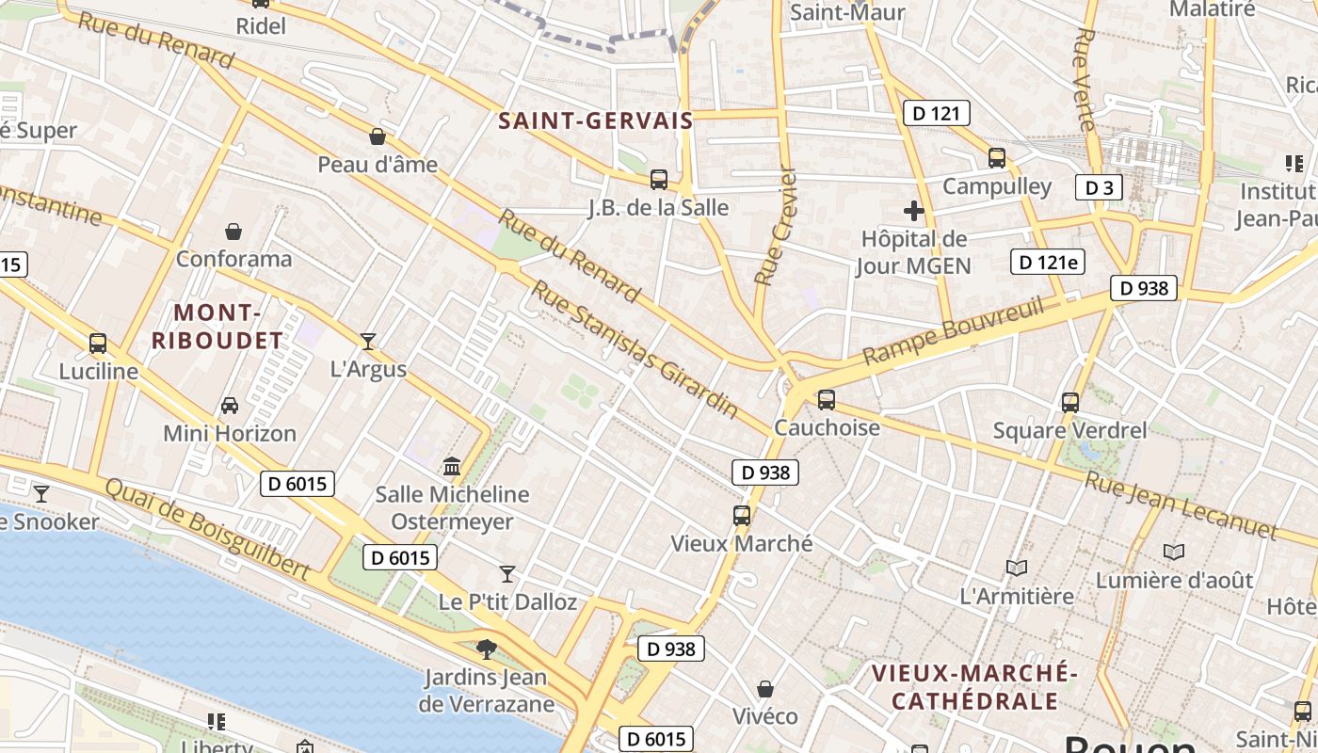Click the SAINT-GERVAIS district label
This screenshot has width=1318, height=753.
(595, 120)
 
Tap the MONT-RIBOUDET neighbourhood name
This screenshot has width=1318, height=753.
(217, 327)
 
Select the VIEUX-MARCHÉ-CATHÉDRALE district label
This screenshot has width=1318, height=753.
(974, 687)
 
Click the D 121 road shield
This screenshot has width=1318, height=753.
(936, 114)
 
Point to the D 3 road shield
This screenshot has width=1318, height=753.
(1099, 187)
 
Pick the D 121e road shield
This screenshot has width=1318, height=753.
(1047, 261)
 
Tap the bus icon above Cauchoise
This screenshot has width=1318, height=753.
(827, 399)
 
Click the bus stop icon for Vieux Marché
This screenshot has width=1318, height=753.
(742, 516)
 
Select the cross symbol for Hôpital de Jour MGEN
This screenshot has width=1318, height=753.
(913, 211)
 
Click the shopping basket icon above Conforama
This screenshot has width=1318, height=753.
(233, 232)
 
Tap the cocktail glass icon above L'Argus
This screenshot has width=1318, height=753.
(368, 341)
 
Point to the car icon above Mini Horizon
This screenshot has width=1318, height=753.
(229, 406)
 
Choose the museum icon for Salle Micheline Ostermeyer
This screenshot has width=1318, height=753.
(452, 467)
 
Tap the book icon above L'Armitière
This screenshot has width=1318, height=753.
(1016, 568)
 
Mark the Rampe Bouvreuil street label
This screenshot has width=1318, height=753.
(953, 330)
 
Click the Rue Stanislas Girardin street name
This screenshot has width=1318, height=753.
(635, 348)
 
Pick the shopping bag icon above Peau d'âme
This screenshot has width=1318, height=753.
(378, 136)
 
